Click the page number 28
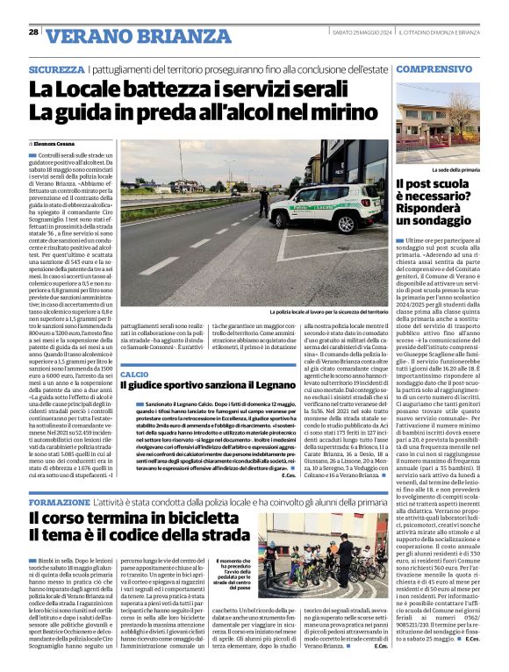click(x=33, y=32)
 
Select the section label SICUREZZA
click(x=56, y=68)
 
